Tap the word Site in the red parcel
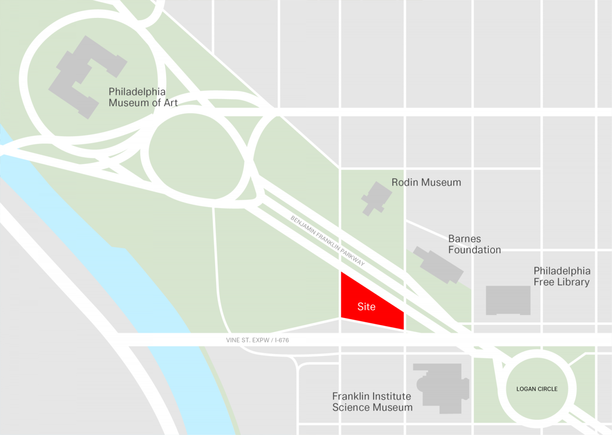tap(366, 307)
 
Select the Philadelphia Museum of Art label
tap(143, 97)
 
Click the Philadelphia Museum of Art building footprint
tap(86, 76)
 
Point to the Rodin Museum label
tap(426, 182)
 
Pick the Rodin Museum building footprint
tap(376, 198)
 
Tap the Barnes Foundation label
tap(474, 244)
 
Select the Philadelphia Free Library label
tap(562, 276)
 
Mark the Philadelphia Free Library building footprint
tap(508, 300)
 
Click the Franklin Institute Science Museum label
tap(372, 402)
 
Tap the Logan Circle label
tap(537, 389)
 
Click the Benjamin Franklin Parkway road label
tap(328, 241)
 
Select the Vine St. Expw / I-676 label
tap(257, 340)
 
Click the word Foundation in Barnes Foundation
tap(474, 250)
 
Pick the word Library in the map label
tap(573, 282)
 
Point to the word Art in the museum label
tap(171, 103)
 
